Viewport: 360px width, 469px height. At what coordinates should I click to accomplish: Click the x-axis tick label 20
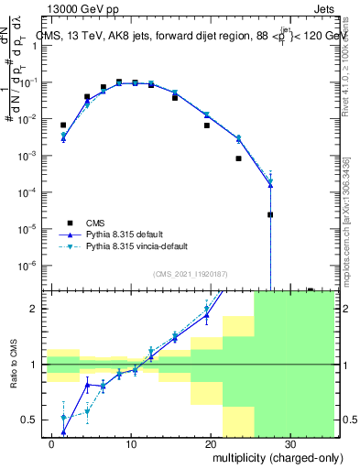(211, 443)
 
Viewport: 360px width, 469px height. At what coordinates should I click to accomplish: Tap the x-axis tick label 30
(290, 443)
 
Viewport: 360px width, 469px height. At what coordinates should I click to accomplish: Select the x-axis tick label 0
(52, 443)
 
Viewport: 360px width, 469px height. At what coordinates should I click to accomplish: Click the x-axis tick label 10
(131, 443)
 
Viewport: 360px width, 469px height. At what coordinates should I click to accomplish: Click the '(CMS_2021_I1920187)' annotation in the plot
(191, 273)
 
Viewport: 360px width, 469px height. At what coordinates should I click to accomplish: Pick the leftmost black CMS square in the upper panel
(63, 125)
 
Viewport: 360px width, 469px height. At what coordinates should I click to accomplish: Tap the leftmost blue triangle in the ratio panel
(63, 431)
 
